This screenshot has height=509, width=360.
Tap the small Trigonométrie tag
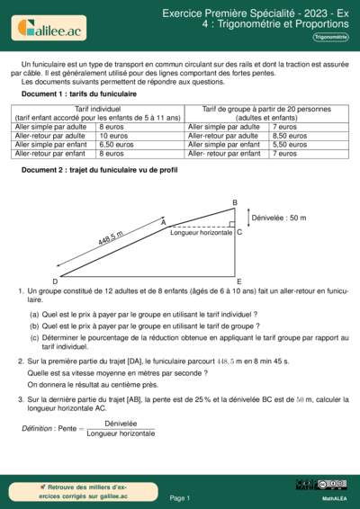click(x=331, y=37)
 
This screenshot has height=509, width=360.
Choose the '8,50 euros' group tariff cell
click(x=290, y=136)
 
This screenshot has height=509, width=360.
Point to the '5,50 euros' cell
click(x=290, y=144)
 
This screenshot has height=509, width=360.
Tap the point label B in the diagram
click(x=235, y=202)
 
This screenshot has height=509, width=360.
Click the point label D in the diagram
click(x=55, y=281)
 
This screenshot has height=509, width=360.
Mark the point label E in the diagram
click(x=237, y=281)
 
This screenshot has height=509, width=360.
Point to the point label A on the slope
click(x=163, y=220)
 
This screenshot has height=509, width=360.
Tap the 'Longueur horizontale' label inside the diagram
click(x=202, y=232)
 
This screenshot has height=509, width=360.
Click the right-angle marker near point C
click(x=231, y=226)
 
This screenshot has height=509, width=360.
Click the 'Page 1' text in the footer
click(x=179, y=497)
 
